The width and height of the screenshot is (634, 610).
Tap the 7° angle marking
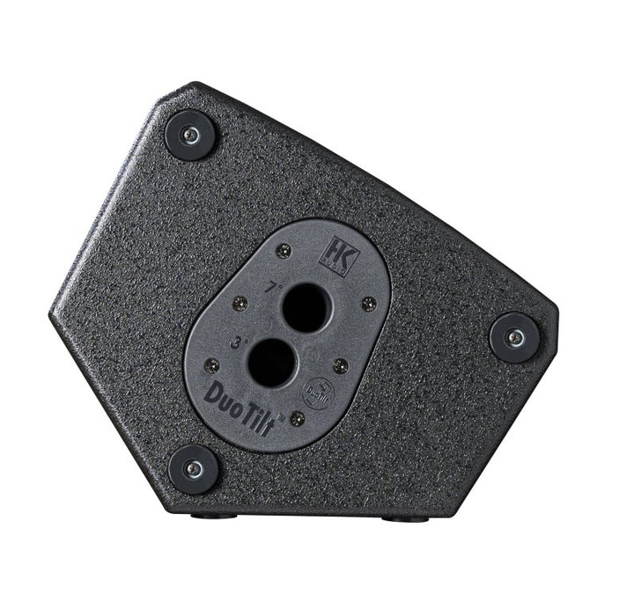coord(276,286)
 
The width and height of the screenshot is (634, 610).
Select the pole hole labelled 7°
coord(306,307)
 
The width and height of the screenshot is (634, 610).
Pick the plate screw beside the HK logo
coord(283,252)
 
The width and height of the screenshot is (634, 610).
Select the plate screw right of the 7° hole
coord(369,304)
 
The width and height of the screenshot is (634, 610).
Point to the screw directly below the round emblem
coord(298,418)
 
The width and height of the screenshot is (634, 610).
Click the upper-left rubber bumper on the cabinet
coord(190,135)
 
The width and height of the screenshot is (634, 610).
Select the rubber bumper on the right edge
coord(514,337)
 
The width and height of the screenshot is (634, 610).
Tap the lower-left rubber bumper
coord(194,468)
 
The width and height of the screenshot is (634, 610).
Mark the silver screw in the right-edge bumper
coord(514,337)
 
